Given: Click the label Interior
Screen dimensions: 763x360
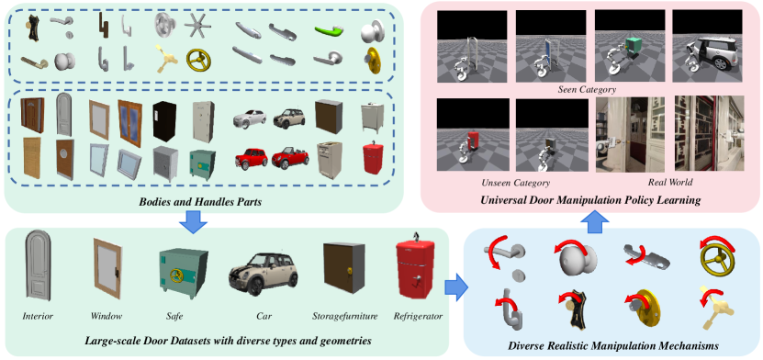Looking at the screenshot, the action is [38, 317].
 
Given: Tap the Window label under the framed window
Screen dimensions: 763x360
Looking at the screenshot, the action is [107, 317].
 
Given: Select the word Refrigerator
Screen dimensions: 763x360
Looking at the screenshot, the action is [418, 317].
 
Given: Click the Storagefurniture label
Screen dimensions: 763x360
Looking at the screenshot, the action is [344, 317].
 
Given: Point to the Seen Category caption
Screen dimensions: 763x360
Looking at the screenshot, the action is [588, 89].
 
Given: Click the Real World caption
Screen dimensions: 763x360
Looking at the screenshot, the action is [670, 183].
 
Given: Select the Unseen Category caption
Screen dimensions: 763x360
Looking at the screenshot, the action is [516, 183].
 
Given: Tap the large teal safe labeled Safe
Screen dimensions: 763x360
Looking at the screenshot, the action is [184, 271].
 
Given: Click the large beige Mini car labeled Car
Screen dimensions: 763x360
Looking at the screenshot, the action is [264, 274].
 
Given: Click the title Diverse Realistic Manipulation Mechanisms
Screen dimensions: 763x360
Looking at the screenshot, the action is [613, 346].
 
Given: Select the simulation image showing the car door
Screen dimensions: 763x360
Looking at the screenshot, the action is [708, 47].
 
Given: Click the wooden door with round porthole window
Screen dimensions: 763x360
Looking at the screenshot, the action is [64, 159].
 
